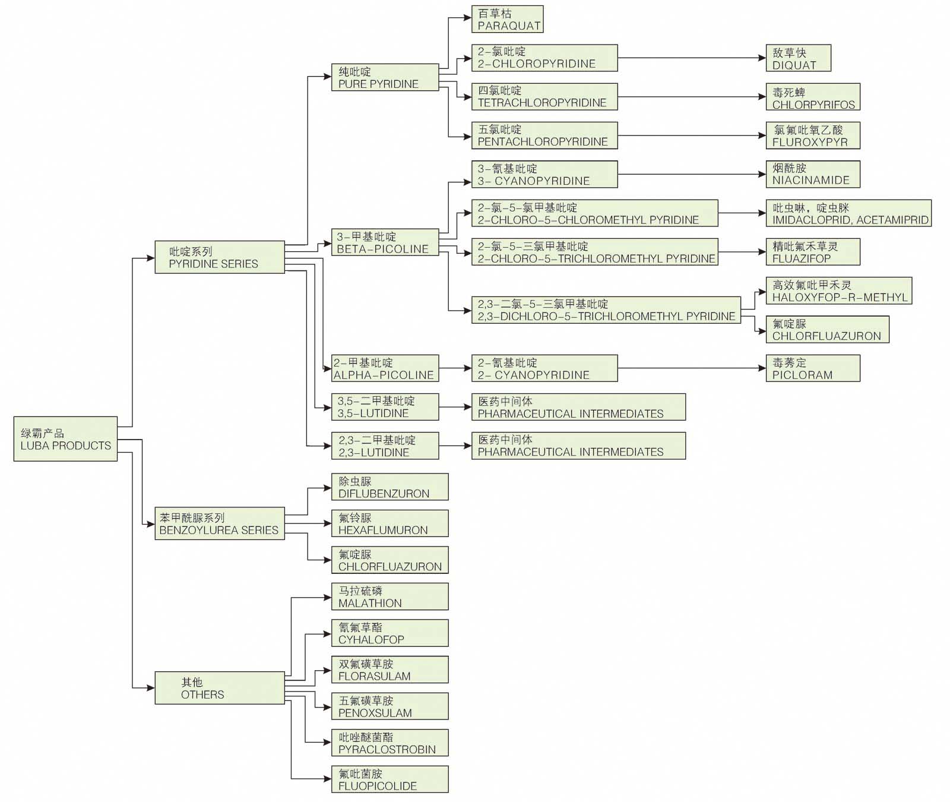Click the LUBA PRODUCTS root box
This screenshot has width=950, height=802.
click(65, 439)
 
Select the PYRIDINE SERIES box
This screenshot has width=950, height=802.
click(219, 257)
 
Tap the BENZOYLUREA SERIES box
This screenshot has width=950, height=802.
click(219, 523)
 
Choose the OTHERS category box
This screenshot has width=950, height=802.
click(219, 688)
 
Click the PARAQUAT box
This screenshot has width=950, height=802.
click(507, 19)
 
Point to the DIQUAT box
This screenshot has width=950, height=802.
click(797, 58)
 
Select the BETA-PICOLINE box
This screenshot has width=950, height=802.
click(384, 242)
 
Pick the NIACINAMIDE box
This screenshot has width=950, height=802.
click(812, 174)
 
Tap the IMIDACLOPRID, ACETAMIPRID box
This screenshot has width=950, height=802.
click(848, 213)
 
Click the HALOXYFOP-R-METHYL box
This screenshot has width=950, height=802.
click(838, 291)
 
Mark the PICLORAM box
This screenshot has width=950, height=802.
click(812, 368)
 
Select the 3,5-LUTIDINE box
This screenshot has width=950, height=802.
click(384, 407)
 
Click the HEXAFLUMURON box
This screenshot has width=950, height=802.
click(389, 523)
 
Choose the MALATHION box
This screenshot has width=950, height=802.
click(389, 596)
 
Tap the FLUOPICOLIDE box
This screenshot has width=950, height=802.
click(389, 779)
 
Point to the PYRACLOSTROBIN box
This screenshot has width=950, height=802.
click(389, 743)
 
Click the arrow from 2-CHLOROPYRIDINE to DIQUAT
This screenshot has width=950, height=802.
click(692, 58)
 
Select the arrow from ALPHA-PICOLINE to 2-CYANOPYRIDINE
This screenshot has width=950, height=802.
click(455, 368)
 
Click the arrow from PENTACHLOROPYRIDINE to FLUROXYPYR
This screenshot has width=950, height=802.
click(692, 136)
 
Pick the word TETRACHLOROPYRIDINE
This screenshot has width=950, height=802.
click(542, 103)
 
